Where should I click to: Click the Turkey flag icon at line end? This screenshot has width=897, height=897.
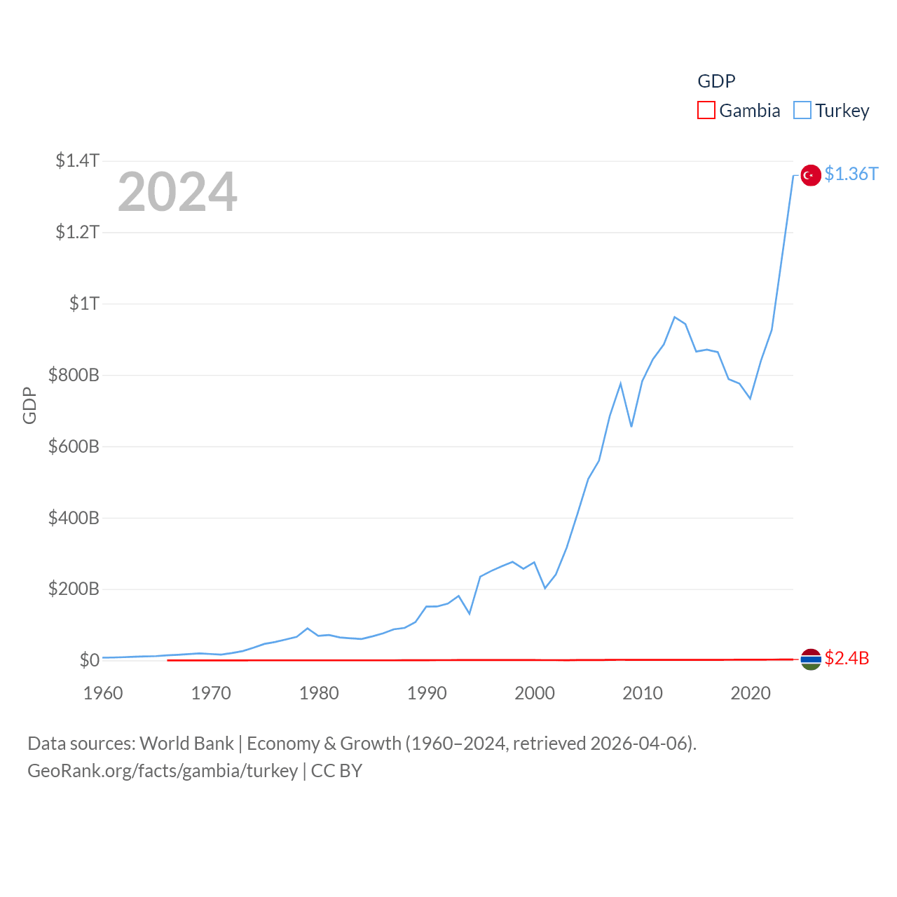[x=811, y=174]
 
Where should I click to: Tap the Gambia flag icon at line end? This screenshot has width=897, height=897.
[x=811, y=659]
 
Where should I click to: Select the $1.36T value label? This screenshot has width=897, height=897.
[x=851, y=174]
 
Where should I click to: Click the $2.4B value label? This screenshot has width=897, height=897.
[x=847, y=658]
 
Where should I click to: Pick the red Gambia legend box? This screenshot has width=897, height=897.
[x=706, y=111]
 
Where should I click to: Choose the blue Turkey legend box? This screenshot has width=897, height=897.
[x=802, y=111]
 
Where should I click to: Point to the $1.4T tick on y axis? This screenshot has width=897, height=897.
[x=78, y=160]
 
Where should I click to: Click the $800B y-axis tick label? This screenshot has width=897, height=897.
[x=74, y=375]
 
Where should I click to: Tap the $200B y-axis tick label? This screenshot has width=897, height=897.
[x=74, y=589]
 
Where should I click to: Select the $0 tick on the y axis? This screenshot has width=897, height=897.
[x=89, y=660]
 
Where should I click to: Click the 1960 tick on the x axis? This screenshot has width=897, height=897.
[x=103, y=693]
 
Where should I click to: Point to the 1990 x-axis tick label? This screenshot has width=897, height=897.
[x=427, y=693]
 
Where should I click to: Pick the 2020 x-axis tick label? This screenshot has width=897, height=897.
[x=751, y=693]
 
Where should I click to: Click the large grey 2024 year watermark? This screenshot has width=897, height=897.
[x=177, y=192]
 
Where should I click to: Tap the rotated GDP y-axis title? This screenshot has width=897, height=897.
[x=29, y=405]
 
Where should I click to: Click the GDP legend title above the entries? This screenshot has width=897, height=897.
[x=716, y=81]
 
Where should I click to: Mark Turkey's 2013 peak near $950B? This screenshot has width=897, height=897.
[x=674, y=317]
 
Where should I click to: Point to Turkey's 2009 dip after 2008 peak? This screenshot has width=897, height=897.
[x=631, y=426]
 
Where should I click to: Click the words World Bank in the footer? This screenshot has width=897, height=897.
[x=186, y=743]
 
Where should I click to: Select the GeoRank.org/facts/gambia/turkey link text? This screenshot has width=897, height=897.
[x=163, y=771]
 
